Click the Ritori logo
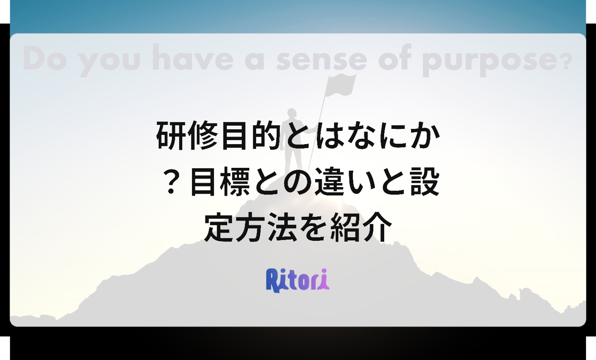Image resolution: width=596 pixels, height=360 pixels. click(298, 280)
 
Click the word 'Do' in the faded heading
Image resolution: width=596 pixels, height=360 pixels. click(45, 58)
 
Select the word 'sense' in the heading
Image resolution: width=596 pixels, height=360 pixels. click(322, 61)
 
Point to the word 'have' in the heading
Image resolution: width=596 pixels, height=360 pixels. click(192, 58)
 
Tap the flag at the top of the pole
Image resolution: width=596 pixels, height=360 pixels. click(340, 85)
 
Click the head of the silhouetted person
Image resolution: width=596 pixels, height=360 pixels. click(292, 113)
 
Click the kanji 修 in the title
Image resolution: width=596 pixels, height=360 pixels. click(203, 135)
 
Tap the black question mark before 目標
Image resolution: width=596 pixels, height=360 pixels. click(172, 183)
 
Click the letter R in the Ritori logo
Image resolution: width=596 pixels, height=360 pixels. click(273, 281)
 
